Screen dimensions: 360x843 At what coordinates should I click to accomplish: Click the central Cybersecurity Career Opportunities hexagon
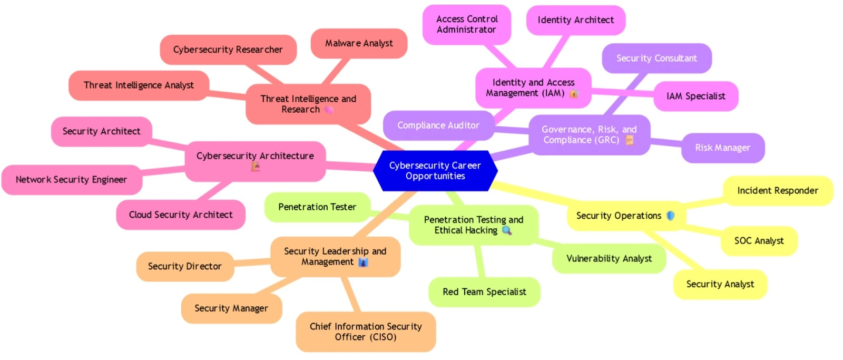point(435,171)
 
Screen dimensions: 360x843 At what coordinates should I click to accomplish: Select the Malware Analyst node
point(359,43)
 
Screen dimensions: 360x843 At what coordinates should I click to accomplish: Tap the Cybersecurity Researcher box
point(228,50)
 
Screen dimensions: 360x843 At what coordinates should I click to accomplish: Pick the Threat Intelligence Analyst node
point(139,85)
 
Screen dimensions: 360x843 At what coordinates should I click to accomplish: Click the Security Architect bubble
point(101,131)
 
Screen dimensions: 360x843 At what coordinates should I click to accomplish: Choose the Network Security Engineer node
point(71,180)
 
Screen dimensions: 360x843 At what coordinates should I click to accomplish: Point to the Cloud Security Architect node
point(181,215)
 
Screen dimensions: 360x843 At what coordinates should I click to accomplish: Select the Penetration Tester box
point(317,207)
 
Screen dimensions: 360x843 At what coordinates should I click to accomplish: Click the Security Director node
point(184,266)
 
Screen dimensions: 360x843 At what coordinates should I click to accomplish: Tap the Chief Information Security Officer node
point(366,332)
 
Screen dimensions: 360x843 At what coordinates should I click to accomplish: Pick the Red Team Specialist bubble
point(484,292)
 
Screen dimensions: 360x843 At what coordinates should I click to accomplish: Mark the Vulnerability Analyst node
point(609,258)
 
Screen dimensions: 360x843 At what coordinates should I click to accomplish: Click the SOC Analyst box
point(759,241)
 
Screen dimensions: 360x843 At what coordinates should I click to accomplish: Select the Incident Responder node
point(777,191)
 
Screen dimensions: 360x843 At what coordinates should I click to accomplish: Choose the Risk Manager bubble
point(722,148)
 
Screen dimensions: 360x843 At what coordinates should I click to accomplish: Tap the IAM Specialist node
point(695,96)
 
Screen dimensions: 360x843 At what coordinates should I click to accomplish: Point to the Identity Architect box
point(575,20)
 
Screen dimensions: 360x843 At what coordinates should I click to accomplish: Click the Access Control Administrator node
point(467,24)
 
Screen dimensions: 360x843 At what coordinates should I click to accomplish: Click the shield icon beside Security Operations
point(671,216)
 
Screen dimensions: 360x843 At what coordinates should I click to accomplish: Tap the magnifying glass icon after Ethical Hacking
point(507,230)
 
